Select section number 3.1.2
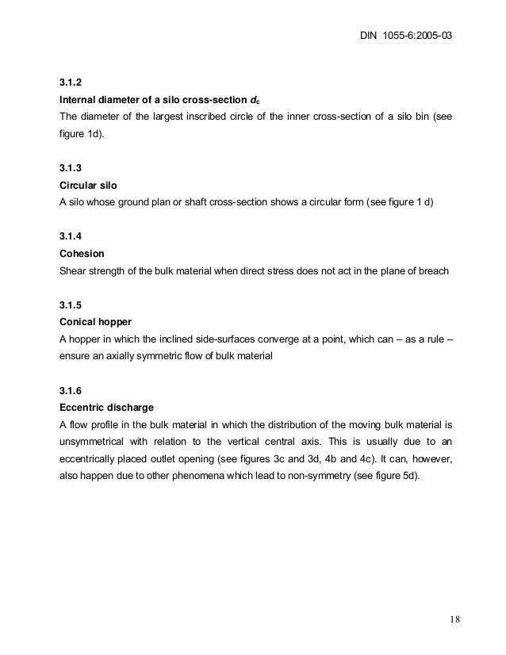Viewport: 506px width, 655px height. tap(70, 82)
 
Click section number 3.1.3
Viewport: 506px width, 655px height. tap(70, 167)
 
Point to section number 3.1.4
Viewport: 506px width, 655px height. tap(70, 236)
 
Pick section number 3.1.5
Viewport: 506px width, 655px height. tap(70, 305)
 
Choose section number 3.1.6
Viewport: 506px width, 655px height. tap(70, 392)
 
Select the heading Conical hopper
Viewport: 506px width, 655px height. tap(94, 323)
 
